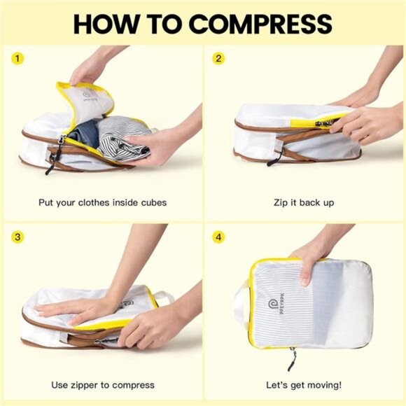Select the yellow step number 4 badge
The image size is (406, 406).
coord(218,237)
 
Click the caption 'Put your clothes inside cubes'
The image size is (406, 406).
coord(102,203)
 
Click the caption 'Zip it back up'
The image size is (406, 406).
coord(304,203)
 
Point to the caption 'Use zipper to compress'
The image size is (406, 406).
coord(102,384)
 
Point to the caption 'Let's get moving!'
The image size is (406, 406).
coord(304,384)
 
